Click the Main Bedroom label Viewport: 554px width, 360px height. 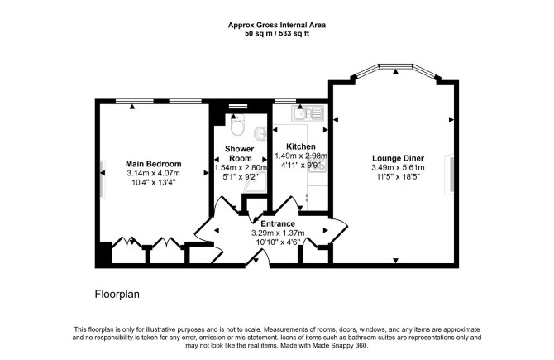(153, 164)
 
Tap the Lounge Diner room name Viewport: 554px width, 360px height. (398, 158)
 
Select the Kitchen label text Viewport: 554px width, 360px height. (301, 146)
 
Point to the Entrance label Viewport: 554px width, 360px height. (278, 223)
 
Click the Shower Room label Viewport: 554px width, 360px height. (240, 153)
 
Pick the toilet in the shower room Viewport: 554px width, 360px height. (236, 125)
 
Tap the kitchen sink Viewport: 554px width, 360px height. (308, 113)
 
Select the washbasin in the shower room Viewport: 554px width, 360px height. (260, 133)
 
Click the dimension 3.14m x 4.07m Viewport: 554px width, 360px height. (153, 173)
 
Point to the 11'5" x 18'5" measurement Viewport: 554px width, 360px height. (398, 176)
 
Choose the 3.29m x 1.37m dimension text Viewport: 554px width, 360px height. (278, 233)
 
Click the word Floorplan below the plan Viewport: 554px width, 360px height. (117, 295)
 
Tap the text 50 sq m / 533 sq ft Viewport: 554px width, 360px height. (277, 34)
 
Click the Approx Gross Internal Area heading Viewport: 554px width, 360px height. (277, 25)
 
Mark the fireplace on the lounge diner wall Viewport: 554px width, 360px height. (450, 175)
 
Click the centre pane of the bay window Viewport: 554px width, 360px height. (396, 65)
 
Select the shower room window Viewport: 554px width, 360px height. (238, 106)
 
